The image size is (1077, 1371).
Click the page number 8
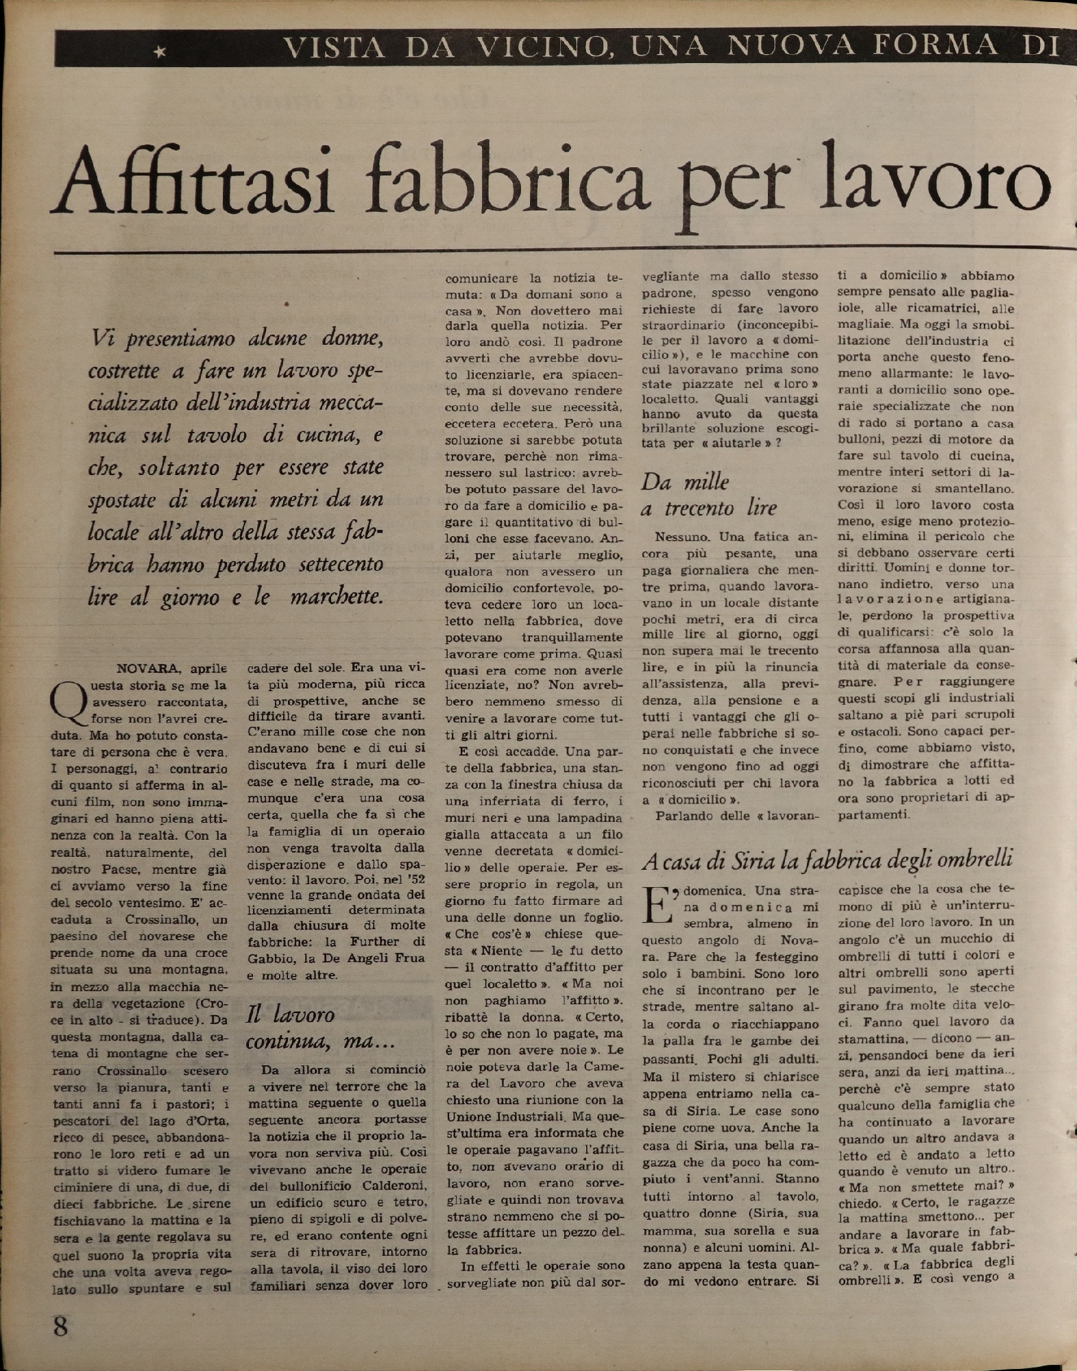[x=60, y=1327]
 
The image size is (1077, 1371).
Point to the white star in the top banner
[x=160, y=50]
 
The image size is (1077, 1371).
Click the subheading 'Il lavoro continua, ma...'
[x=319, y=1028]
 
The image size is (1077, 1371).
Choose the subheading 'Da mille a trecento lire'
[x=708, y=494]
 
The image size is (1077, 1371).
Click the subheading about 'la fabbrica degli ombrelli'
[x=827, y=858]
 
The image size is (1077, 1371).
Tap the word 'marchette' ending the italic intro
[x=336, y=596]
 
